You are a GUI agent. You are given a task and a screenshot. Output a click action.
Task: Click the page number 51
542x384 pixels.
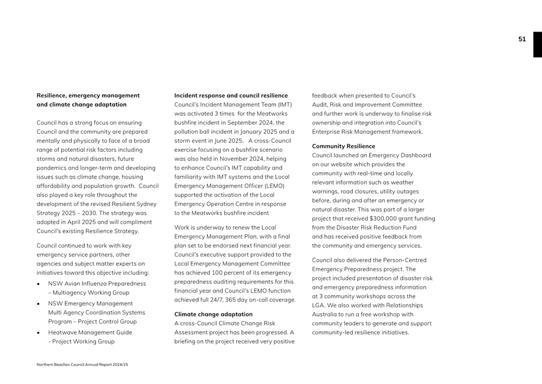(522, 39)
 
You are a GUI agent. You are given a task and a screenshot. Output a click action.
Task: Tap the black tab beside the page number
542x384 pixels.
(537, 44)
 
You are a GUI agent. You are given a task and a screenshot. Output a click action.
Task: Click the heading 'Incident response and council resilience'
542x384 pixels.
(231, 96)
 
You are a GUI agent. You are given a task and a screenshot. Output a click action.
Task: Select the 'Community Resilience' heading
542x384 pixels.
(343, 146)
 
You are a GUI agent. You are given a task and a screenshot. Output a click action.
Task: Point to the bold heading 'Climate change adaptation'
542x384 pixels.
(213, 314)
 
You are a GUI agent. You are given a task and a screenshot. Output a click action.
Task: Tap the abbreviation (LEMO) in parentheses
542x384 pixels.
(271, 186)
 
